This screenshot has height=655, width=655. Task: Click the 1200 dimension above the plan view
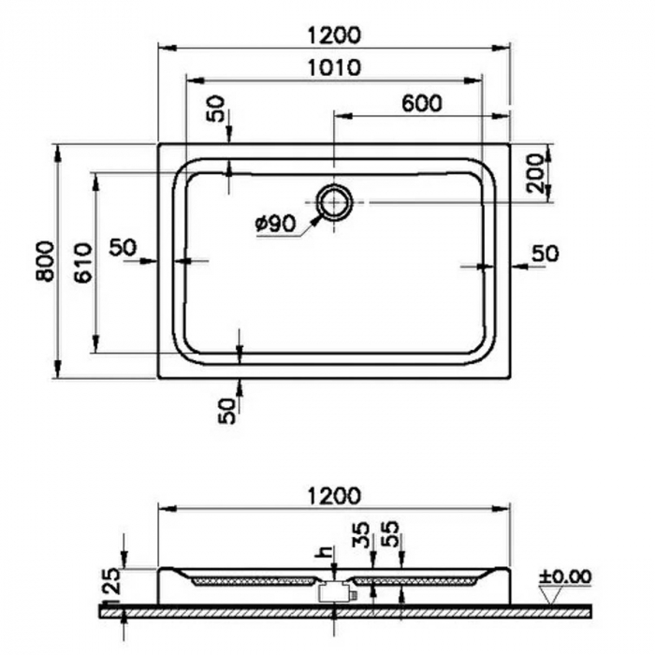coord(332,36)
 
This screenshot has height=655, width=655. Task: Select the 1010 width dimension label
coord(332,67)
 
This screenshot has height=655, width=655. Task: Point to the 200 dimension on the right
coord(534,173)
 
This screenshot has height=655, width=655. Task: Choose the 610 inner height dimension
coord(82,263)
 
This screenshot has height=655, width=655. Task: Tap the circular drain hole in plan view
coord(333,201)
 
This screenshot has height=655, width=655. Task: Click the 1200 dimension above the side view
coord(332,495)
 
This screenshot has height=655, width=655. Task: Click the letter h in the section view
coord(326,553)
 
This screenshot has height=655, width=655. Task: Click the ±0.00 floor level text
coord(565,575)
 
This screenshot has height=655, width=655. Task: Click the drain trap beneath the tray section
coord(333,591)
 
